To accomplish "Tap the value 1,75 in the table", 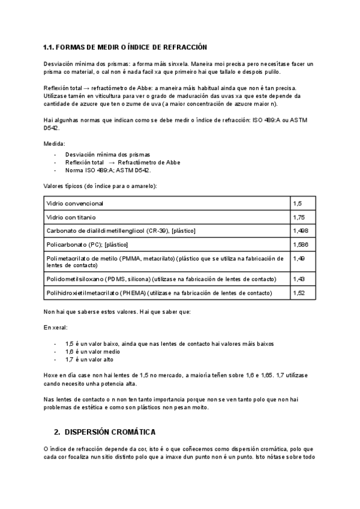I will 299,217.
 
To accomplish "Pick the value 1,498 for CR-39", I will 301,230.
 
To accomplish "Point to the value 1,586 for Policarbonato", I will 301,245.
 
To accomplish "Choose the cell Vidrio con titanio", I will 71,217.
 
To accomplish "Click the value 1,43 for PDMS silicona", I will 299,279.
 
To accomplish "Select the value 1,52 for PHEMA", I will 299,293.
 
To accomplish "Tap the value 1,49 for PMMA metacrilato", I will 299,259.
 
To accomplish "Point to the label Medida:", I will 55,144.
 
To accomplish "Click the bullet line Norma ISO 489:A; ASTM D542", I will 108,170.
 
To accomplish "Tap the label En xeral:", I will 56,328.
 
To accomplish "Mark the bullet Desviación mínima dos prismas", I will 107,154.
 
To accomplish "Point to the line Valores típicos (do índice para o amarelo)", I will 100,186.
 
